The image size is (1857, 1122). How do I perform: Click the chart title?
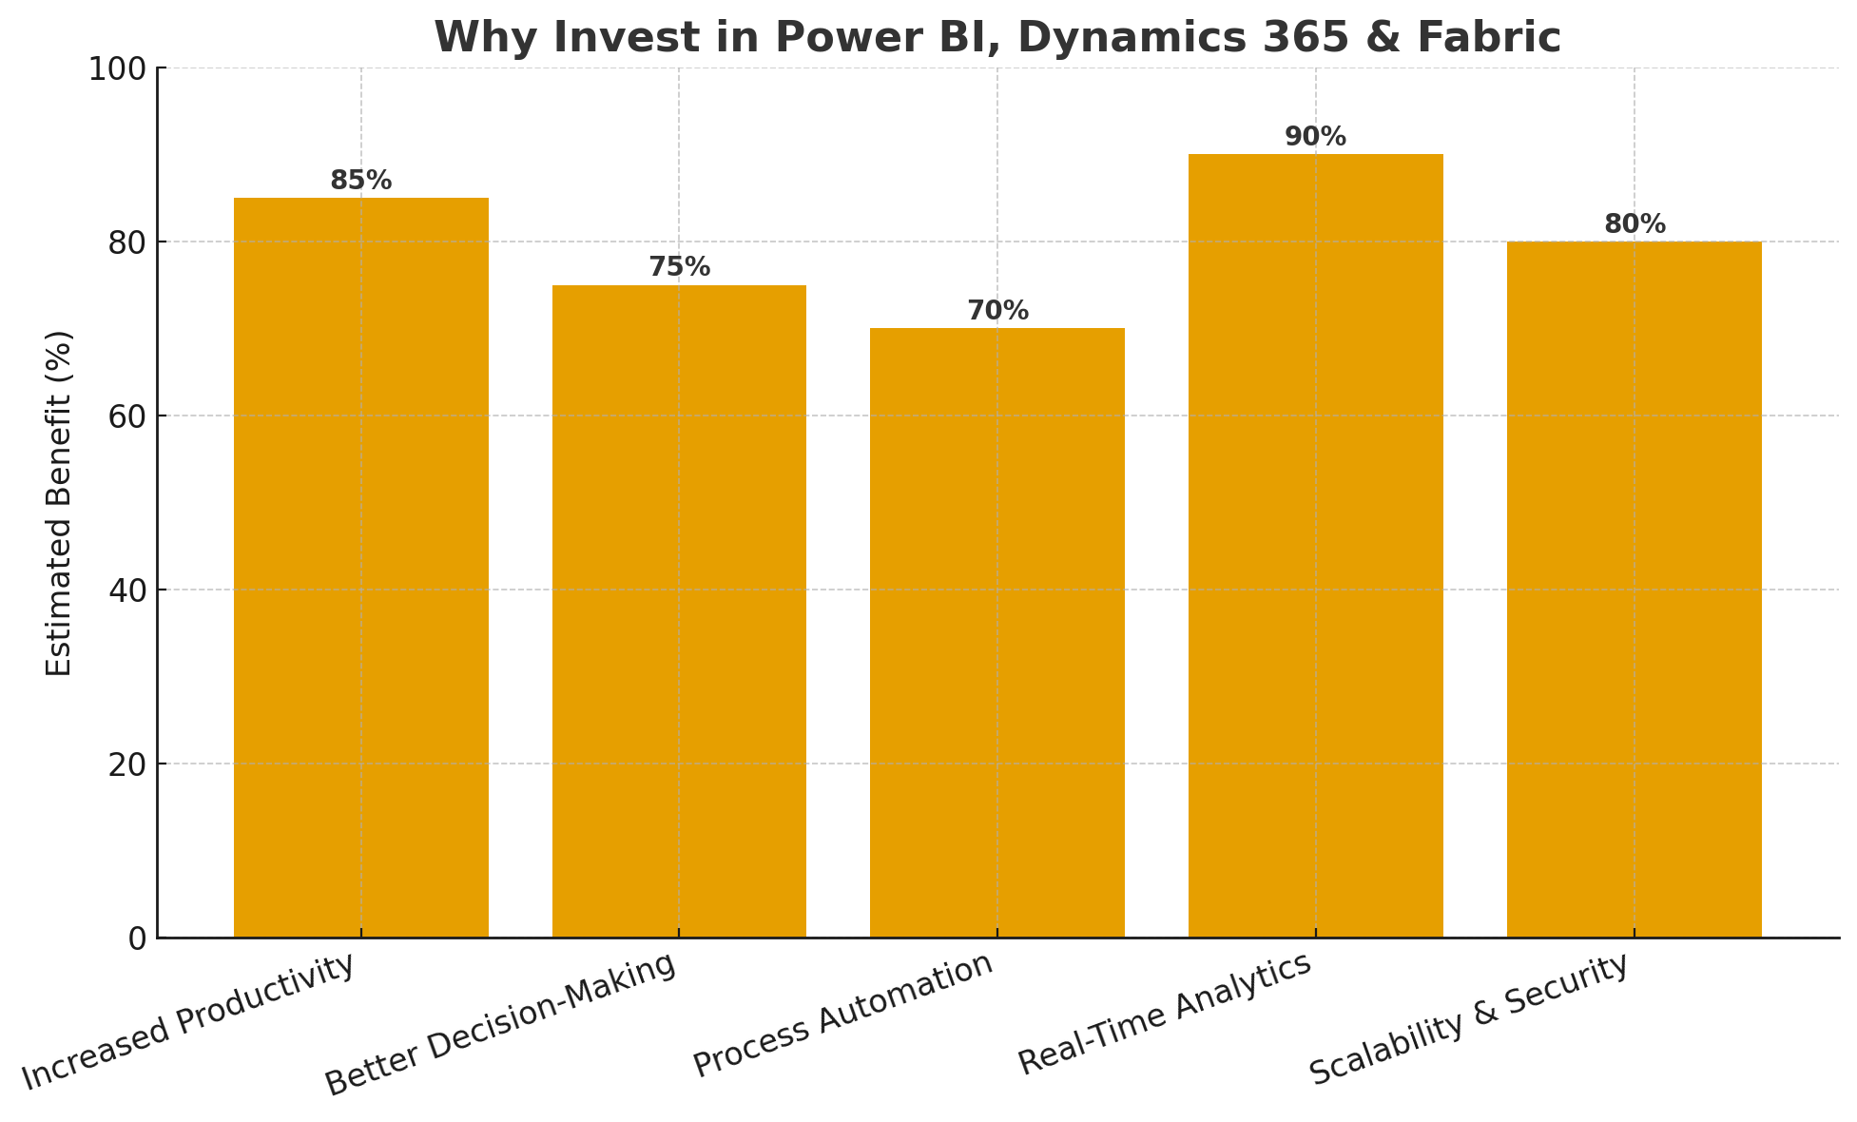pyautogui.click(x=996, y=38)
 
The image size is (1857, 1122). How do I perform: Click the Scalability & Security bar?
pyautogui.click(x=1634, y=590)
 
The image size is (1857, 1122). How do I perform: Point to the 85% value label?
pyautogui.click(x=361, y=181)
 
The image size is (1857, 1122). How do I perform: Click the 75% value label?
pyautogui.click(x=679, y=267)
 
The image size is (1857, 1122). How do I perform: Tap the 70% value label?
pyautogui.click(x=997, y=311)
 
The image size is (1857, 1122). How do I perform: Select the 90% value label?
pyautogui.click(x=1315, y=137)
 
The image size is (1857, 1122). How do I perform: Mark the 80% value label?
pyautogui.click(x=1635, y=224)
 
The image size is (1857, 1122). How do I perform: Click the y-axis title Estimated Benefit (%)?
pyautogui.click(x=59, y=503)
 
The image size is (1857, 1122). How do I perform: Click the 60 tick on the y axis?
pyautogui.click(x=127, y=416)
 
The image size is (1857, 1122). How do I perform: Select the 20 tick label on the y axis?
pyautogui.click(x=127, y=764)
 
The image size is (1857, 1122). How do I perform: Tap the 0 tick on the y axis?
pyautogui.click(x=137, y=938)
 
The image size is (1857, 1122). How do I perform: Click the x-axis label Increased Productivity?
pyautogui.click(x=190, y=1021)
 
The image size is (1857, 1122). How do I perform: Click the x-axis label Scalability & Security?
pyautogui.click(x=1469, y=1019)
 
